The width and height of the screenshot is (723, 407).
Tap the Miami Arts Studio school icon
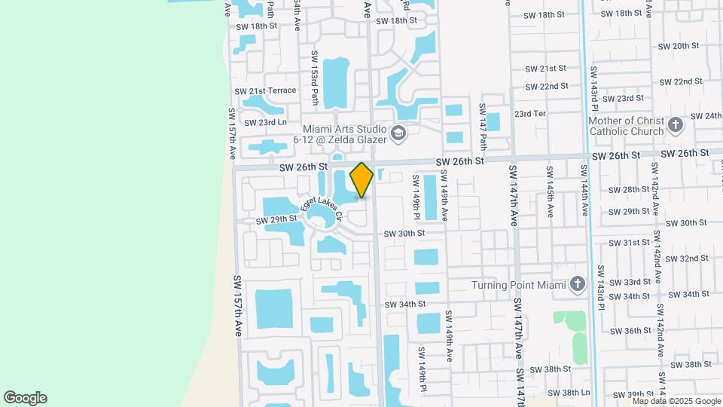[x=398, y=134]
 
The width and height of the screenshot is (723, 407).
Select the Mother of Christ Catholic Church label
[x=626, y=126]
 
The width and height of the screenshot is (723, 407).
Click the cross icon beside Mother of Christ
[x=675, y=124]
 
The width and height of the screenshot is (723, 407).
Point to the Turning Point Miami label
[x=519, y=285]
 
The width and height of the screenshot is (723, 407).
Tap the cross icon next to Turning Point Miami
[x=578, y=284]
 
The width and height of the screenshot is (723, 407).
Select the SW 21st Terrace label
[x=266, y=90]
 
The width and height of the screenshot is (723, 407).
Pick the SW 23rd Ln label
[x=262, y=122]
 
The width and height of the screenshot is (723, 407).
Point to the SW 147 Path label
[x=484, y=126]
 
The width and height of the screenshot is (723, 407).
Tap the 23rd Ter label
[x=529, y=114]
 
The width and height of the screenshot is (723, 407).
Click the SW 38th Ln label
[x=569, y=393]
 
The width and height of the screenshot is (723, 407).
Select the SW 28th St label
[x=626, y=190]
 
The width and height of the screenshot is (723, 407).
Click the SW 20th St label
[x=679, y=46]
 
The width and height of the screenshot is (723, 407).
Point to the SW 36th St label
[x=626, y=331]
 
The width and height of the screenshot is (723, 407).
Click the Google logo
[x=25, y=398]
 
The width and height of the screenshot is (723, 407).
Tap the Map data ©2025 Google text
[x=676, y=401]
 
